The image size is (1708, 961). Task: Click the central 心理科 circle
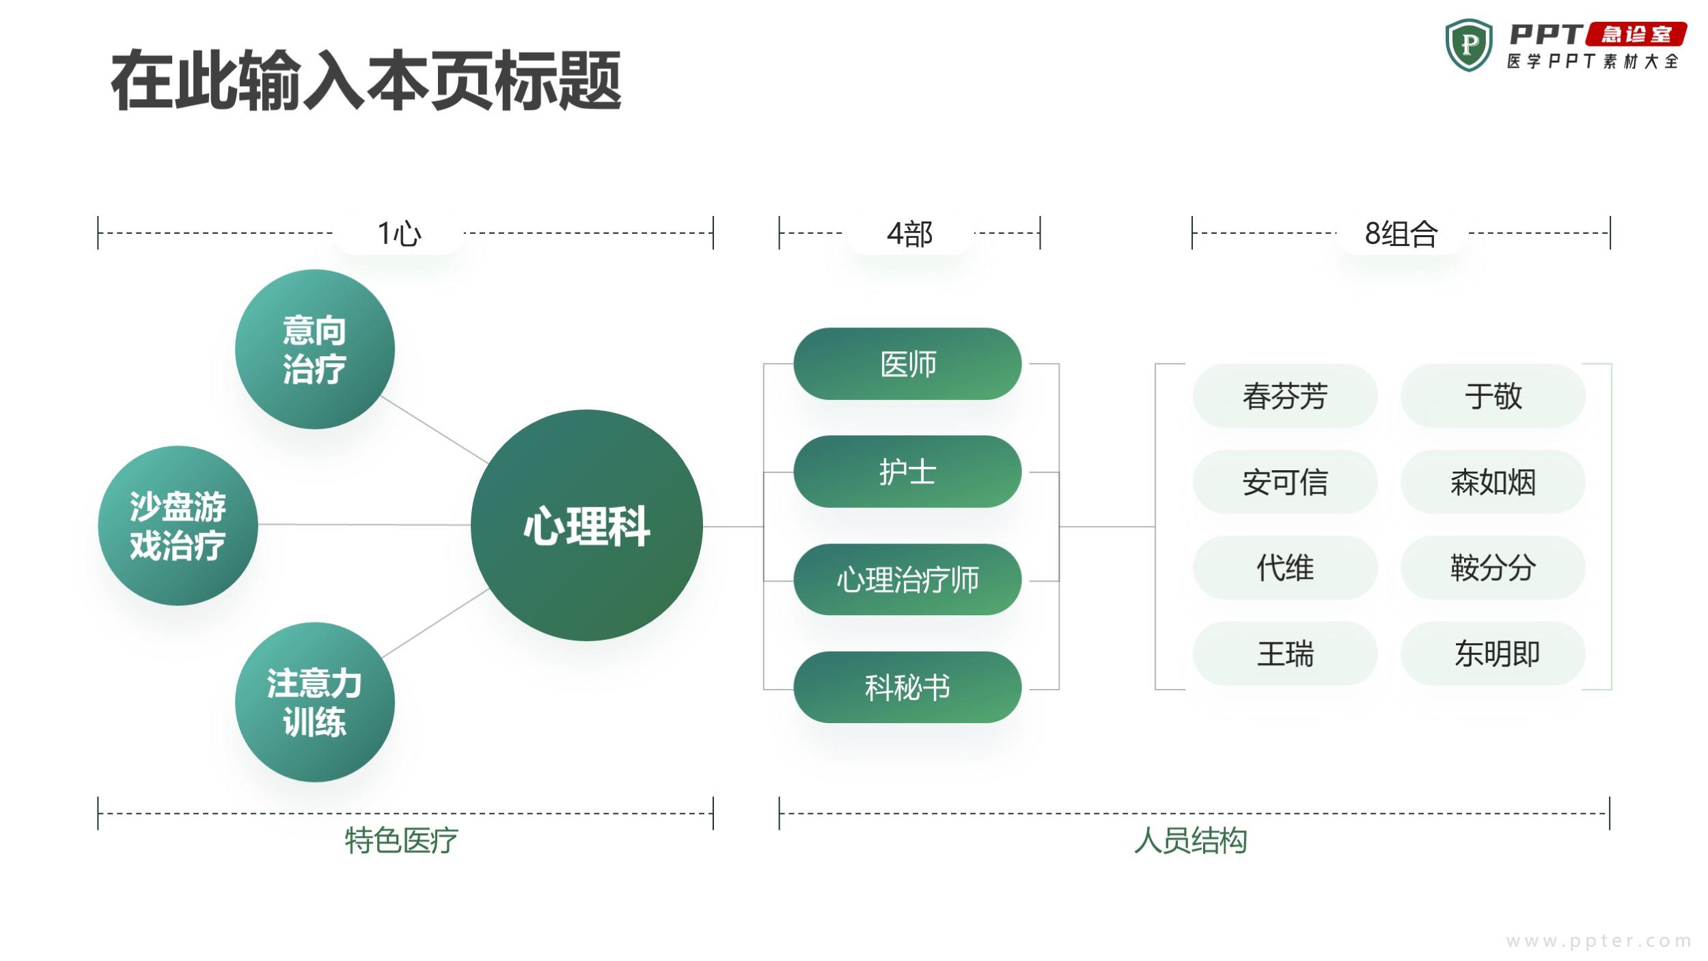[x=587, y=525]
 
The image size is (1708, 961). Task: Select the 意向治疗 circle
[x=315, y=349]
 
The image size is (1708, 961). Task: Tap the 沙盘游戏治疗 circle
[x=178, y=526]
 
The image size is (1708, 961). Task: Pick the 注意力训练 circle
[x=315, y=702]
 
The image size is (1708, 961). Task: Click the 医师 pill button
[x=907, y=364]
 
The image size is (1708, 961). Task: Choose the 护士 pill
[x=907, y=472]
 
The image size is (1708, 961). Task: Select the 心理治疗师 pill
[x=907, y=580]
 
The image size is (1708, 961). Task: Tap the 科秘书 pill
[x=907, y=688]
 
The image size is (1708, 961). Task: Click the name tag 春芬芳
[x=1285, y=396]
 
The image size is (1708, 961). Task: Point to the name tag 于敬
[x=1493, y=396]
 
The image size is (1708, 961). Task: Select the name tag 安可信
[x=1285, y=482]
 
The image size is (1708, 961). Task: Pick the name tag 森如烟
[x=1493, y=482]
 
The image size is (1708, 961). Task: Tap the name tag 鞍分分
[x=1493, y=567]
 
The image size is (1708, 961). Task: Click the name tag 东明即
[x=1493, y=653]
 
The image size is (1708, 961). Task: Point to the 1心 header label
[x=400, y=234]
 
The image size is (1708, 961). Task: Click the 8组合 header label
[x=1401, y=234]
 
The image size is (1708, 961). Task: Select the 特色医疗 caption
[x=401, y=840]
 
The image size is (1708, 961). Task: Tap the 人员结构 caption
[x=1190, y=840]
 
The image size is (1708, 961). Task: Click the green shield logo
[x=1469, y=45]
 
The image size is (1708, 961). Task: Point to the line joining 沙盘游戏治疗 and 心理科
[x=365, y=525]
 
